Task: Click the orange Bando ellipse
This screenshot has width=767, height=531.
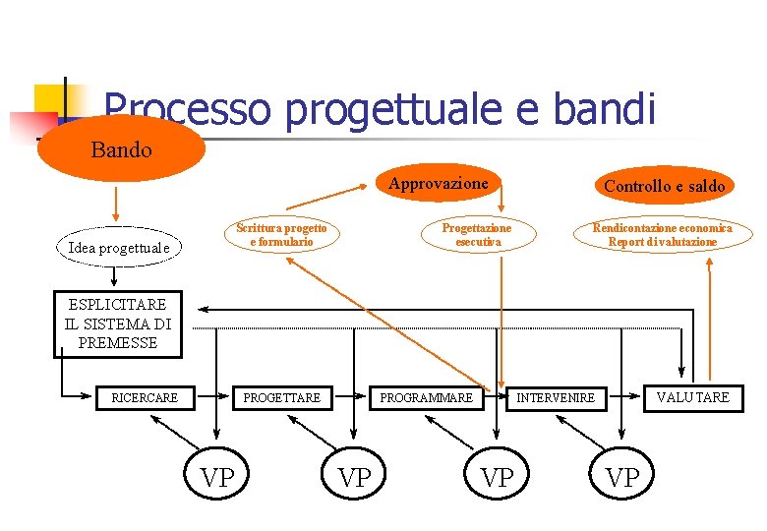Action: click(x=121, y=149)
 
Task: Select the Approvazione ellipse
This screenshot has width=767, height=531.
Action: click(x=438, y=183)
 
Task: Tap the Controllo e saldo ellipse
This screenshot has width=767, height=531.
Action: click(x=664, y=185)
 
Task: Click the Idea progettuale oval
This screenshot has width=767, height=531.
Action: click(x=119, y=248)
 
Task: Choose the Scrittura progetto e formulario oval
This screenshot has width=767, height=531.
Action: click(x=281, y=235)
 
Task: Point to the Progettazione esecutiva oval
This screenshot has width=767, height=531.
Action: click(x=478, y=235)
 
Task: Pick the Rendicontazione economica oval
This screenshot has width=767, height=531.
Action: click(x=662, y=235)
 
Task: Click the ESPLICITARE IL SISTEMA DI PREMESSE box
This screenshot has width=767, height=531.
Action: click(x=117, y=324)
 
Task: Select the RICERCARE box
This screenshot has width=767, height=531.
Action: click(x=145, y=397)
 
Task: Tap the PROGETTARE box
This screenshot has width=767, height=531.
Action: click(x=281, y=397)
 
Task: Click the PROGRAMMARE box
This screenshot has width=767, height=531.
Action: click(x=426, y=397)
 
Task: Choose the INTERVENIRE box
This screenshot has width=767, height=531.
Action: click(x=557, y=397)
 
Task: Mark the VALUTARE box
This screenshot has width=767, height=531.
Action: click(x=694, y=396)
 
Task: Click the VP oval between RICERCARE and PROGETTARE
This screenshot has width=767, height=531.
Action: click(x=217, y=477)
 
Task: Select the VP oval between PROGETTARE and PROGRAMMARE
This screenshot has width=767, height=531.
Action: click(x=355, y=477)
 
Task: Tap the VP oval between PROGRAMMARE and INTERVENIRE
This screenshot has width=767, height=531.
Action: click(x=497, y=477)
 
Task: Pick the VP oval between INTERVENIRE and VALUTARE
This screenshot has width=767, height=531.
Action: click(x=622, y=477)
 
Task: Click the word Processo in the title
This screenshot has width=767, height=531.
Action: click(x=186, y=109)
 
